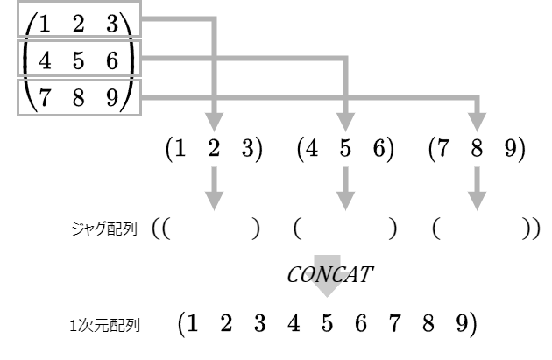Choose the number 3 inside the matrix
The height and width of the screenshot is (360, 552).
tap(112, 24)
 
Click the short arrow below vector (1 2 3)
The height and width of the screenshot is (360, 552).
tap(214, 188)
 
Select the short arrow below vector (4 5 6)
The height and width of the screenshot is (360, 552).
tap(345, 188)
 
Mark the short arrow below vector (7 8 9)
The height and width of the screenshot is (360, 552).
tap(478, 188)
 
